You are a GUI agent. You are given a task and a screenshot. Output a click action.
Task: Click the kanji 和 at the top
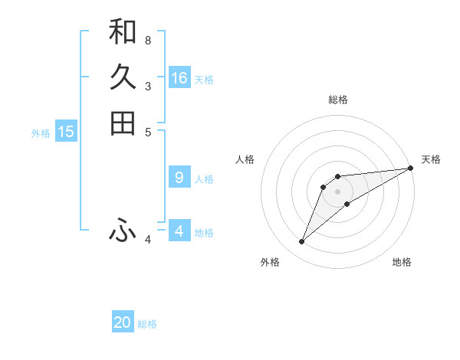[123, 31]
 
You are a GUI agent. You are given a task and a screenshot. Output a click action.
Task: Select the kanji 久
[123, 77]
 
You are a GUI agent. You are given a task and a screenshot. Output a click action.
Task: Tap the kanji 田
[123, 123]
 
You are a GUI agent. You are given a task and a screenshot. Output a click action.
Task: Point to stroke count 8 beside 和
[148, 40]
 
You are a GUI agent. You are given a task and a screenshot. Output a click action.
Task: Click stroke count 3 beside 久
[148, 86]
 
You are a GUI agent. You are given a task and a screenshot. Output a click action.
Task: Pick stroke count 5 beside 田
[148, 132]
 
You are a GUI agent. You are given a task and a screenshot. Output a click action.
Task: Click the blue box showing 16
[179, 78]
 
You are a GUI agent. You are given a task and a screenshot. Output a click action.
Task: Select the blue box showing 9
[179, 178]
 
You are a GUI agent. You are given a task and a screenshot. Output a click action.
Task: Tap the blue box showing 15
[66, 132]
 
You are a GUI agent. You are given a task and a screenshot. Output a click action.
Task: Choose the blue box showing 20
[123, 322]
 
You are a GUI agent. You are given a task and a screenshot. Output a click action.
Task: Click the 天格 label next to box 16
[204, 80]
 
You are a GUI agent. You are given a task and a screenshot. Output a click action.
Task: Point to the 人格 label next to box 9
[204, 179]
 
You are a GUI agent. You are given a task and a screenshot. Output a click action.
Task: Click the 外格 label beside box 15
[41, 133]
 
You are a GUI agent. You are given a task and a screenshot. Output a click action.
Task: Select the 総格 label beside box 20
[147, 324]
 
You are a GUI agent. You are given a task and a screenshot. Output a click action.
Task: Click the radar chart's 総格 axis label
[338, 100]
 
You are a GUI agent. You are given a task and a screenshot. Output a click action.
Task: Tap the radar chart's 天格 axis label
[431, 159]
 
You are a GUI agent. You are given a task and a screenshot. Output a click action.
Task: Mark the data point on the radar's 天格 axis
[410, 169]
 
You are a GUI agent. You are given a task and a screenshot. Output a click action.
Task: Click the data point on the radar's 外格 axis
[302, 242]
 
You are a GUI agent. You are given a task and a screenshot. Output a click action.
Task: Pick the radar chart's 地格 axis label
[402, 262]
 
